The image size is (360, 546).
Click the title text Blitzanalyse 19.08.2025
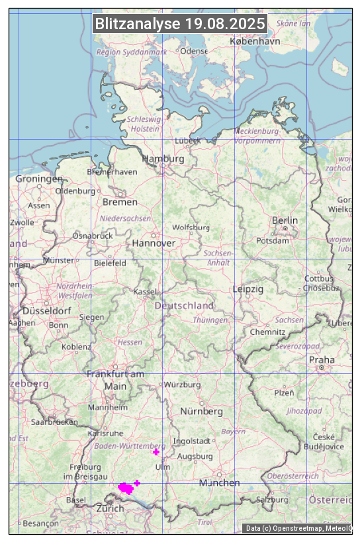coord(180,24)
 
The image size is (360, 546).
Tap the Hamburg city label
coord(163,159)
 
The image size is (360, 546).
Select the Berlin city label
coord(285,220)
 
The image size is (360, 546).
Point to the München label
coord(220,482)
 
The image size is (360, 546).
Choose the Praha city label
coord(322,360)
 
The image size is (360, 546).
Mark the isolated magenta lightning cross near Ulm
coord(156,452)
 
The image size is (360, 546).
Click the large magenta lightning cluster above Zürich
coord(125,488)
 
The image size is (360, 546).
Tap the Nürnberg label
coord(202,411)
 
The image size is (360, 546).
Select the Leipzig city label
coord(248,289)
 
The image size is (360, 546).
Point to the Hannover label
coord(154,243)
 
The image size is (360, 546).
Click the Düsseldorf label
coord(46,310)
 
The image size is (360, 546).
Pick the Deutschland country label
coord(184,305)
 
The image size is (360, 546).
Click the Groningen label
coord(39,179)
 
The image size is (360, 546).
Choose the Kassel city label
coord(145,291)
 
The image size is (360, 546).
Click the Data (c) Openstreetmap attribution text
coord(298,528)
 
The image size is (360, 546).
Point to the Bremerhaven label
coord(112,171)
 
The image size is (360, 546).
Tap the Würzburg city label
coord(182,385)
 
